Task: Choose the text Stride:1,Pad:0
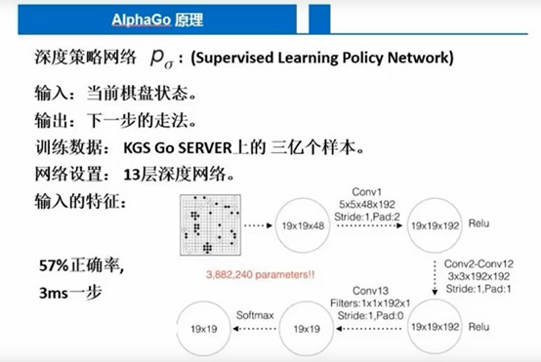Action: pyautogui.click(x=372, y=315)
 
